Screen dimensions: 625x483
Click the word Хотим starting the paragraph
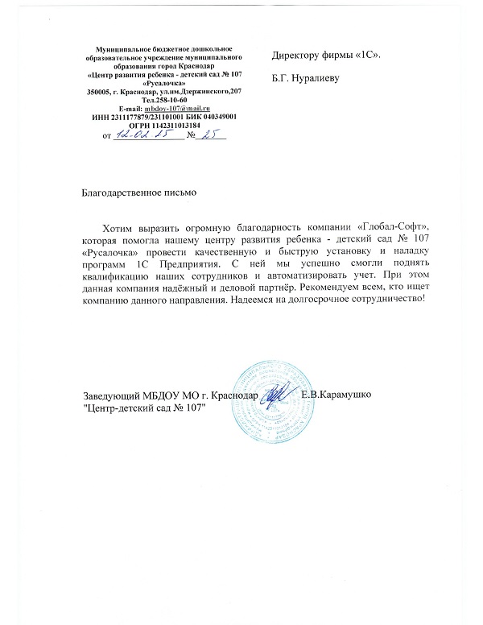(122, 226)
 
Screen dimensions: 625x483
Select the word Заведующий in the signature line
(111, 395)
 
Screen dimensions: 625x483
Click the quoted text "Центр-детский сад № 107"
(145, 408)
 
